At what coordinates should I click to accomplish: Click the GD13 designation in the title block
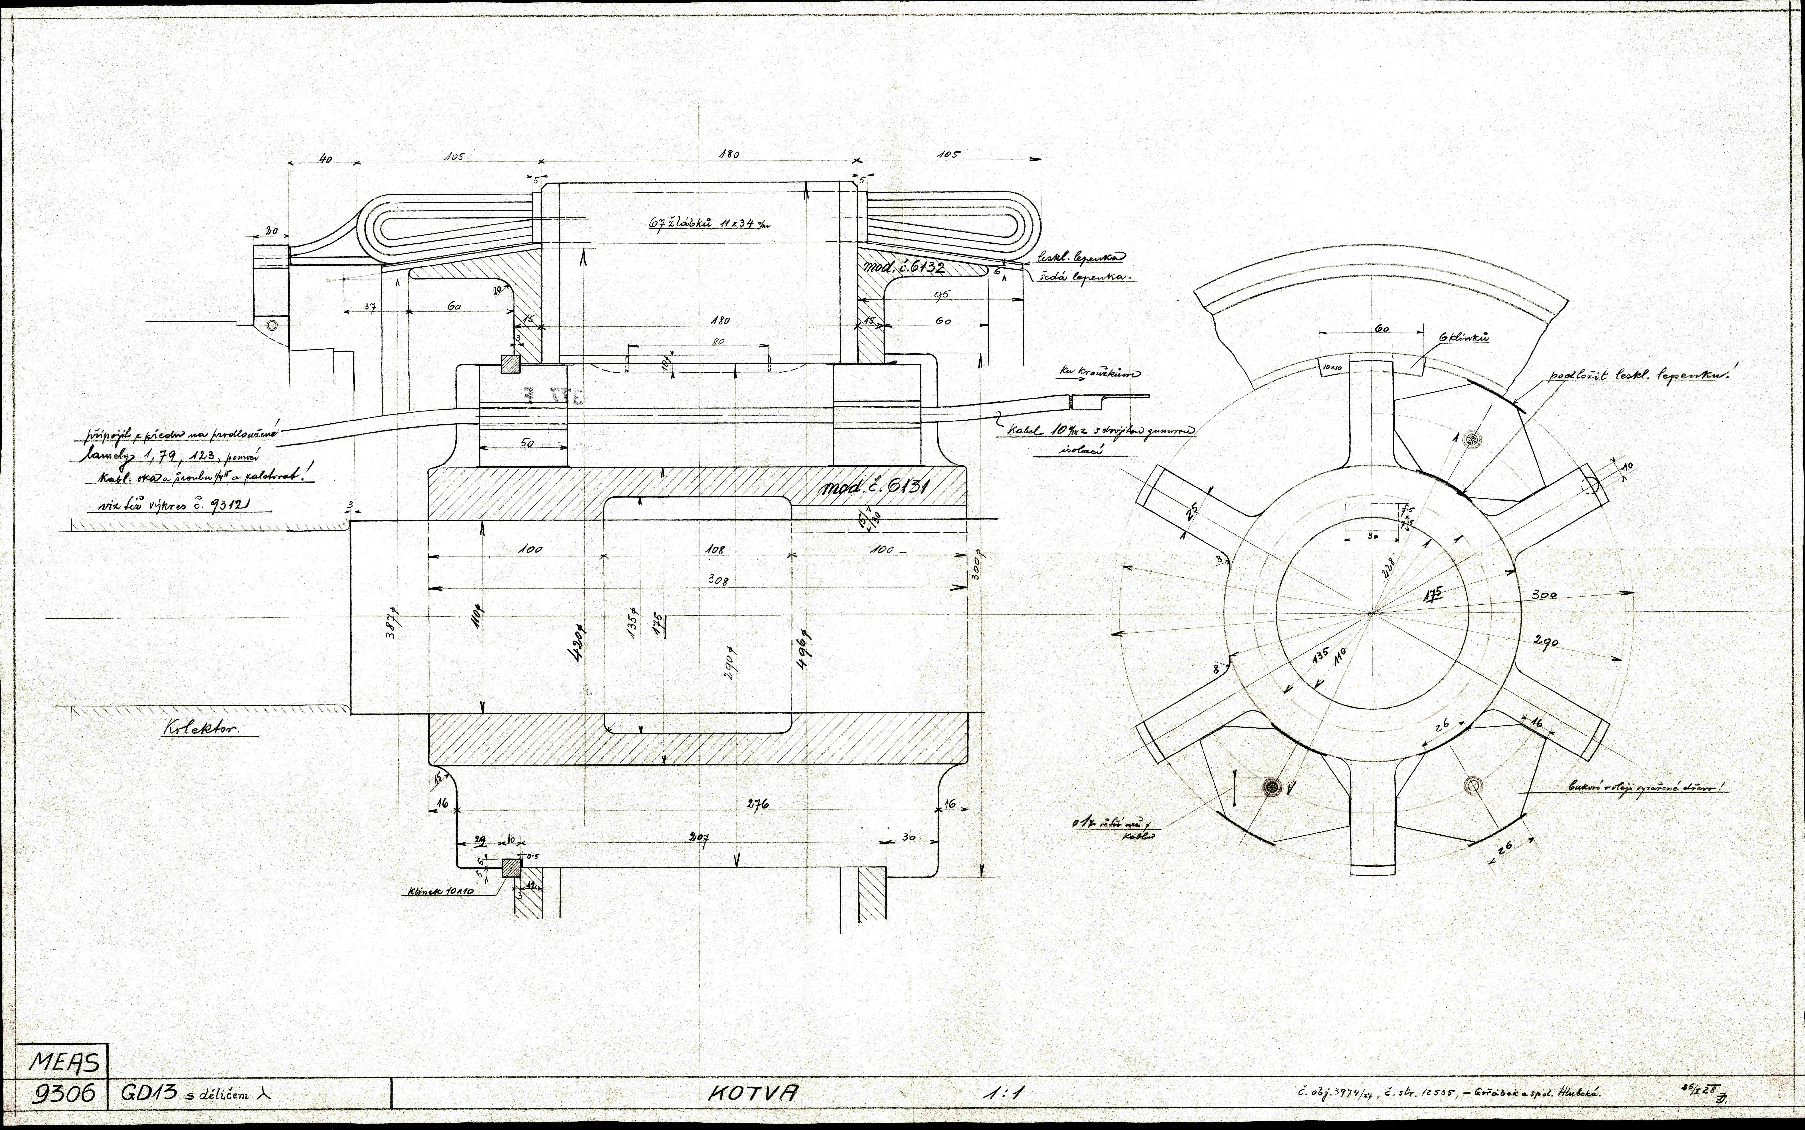click(147, 1093)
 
